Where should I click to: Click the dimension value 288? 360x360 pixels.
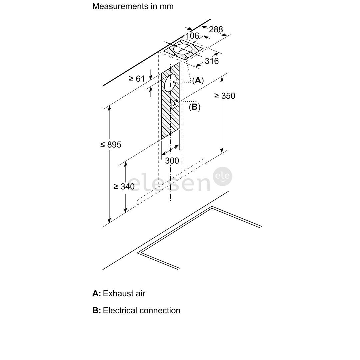pos(216,29)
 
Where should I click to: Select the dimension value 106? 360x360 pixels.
pos(192,36)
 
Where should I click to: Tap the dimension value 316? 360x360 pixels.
pos(212,61)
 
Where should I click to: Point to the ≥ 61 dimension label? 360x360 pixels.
pos(137,79)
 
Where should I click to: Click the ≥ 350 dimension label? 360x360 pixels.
pos(225,96)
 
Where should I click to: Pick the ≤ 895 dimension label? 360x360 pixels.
pos(111,145)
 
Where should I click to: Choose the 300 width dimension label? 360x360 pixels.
pos(172,161)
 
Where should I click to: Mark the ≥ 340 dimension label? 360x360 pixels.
pos(124,186)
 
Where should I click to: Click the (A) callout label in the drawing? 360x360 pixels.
pos(198,80)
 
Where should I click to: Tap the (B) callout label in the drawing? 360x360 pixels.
pos(194,107)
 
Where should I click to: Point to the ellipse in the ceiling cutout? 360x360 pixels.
pos(183,49)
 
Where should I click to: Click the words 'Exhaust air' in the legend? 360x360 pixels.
pos(124,293)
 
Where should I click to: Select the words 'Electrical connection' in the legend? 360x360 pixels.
pos(141,310)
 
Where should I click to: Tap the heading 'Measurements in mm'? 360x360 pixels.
pos(133,6)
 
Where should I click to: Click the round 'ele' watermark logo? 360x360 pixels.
pos(223,176)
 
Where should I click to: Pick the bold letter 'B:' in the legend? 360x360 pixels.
pos(97,310)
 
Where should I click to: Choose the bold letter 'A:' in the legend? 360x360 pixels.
pos(97,293)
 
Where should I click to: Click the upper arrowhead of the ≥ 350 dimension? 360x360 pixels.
pos(222,80)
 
